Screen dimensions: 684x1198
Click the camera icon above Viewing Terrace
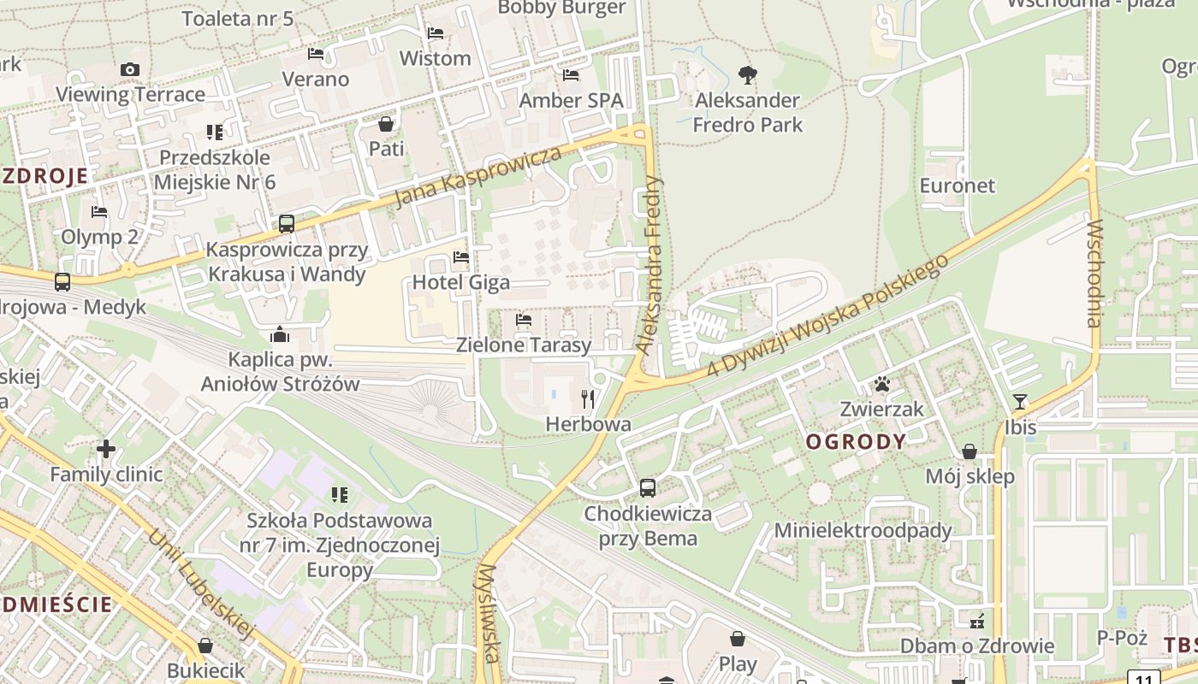coord(130,70)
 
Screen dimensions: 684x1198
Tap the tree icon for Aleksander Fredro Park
coord(748,75)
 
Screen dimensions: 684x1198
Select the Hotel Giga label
coord(461,282)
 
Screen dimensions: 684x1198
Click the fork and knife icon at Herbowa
coord(588,398)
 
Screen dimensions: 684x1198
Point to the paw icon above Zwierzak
coord(882,384)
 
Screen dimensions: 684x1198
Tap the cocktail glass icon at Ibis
coord(1020,402)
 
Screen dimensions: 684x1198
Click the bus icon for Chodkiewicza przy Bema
coord(648,488)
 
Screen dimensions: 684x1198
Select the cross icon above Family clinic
coord(106,448)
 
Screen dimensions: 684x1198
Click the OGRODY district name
coord(856,442)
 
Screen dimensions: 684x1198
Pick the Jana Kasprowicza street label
coord(479,176)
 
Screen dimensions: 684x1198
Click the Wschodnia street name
coord(1094,274)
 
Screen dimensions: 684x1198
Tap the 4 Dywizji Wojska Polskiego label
coord(828,316)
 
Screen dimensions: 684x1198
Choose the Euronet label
coord(958,186)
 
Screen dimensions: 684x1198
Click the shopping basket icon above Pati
coord(386,124)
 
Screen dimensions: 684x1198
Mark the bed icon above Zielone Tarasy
coord(524,321)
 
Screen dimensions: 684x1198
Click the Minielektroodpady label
coord(863,530)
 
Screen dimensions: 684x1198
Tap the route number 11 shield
coord(1144,678)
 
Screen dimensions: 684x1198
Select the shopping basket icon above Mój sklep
coord(970,451)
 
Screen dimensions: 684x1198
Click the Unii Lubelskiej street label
coord(202,585)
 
